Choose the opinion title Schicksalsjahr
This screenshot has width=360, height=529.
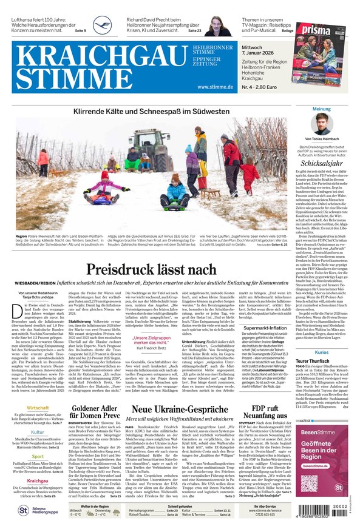(x=322, y=164)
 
